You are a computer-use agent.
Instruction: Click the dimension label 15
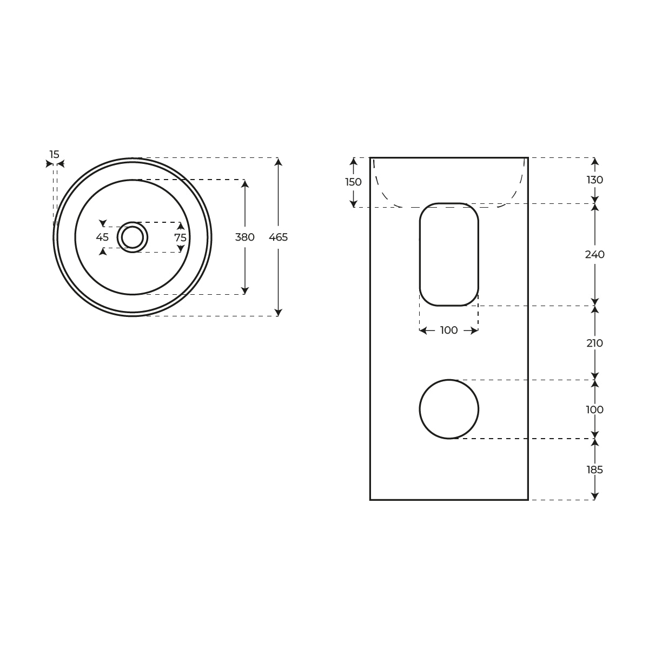pos(54,155)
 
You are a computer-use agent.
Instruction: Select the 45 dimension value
pos(102,237)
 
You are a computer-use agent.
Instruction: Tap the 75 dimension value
pos(181,238)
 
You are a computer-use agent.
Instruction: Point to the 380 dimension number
pos(245,237)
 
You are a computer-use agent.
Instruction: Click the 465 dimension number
pos(278,237)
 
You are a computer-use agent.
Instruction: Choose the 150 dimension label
pos(353,182)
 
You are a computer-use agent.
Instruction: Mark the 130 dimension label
pos(595,180)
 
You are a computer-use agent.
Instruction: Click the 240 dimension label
pos(595,255)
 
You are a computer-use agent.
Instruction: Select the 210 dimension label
pos(595,343)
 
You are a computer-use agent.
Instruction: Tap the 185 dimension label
pos(595,470)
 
